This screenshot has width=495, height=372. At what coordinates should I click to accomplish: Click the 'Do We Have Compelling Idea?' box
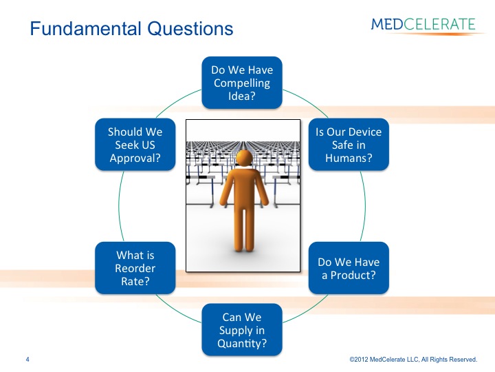pyautogui.click(x=242, y=83)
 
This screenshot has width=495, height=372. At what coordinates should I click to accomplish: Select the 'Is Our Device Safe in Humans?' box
pyautogui.click(x=349, y=145)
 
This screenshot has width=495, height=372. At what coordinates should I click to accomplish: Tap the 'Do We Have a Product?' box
pyautogui.click(x=349, y=268)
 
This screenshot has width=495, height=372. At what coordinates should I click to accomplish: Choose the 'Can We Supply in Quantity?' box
pyautogui.click(x=242, y=330)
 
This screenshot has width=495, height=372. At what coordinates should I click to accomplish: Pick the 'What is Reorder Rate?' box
pyautogui.click(x=135, y=268)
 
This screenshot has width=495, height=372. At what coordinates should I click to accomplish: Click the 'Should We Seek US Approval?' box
pyautogui.click(x=135, y=145)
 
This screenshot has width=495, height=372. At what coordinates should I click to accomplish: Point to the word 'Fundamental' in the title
pyautogui.click(x=85, y=28)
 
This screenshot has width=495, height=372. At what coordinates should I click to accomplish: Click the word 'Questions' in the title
pyautogui.click(x=190, y=28)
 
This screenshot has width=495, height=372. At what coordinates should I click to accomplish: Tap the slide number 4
pyautogui.click(x=27, y=360)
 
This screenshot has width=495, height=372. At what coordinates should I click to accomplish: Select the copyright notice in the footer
pyautogui.click(x=413, y=360)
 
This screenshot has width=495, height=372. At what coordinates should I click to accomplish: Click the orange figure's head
pyautogui.click(x=244, y=158)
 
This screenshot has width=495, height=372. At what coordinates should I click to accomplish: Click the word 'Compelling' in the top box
pyautogui.click(x=242, y=83)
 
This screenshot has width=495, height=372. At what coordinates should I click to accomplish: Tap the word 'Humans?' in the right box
pyautogui.click(x=349, y=158)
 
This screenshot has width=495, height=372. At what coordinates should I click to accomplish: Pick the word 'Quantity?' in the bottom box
pyautogui.click(x=242, y=344)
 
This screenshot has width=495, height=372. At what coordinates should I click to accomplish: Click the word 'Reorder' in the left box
pyautogui.click(x=135, y=268)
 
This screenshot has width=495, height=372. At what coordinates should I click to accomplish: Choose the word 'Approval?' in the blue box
pyautogui.click(x=135, y=158)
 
